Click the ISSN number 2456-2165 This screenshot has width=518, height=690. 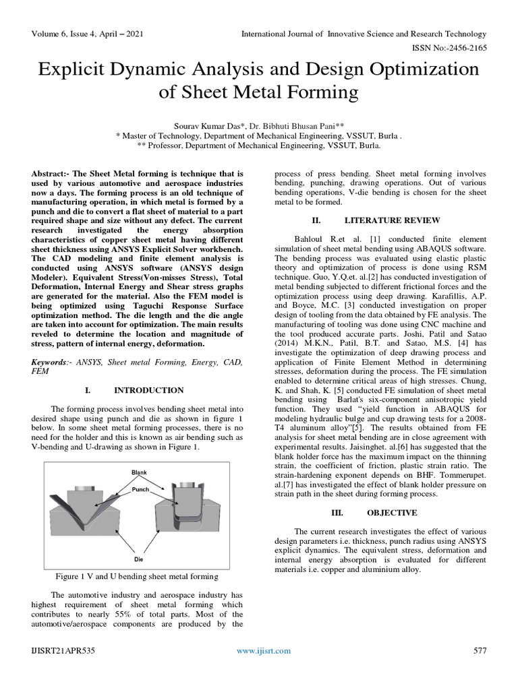coord(462,48)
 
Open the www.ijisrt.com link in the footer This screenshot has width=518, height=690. coord(264,650)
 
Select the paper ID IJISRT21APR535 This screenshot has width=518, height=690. coord(63,650)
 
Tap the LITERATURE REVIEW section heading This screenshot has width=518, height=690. coord(392,220)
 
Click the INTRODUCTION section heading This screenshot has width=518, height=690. coord(148,390)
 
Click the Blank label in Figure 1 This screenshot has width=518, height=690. coord(139,473)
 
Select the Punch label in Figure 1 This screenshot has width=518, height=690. coord(141,490)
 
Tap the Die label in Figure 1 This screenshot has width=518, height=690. coord(138,559)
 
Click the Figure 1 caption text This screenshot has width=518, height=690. coord(136,576)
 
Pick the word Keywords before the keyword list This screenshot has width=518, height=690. coord(50,363)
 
